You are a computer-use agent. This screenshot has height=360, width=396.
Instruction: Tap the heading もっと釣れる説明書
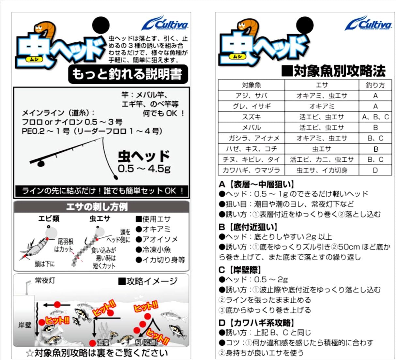[x=128, y=74]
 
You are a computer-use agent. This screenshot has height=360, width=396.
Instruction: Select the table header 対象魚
[x=251, y=85]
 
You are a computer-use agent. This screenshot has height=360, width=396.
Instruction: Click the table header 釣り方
[x=375, y=85]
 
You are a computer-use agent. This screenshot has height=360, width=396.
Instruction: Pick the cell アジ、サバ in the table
[x=251, y=96]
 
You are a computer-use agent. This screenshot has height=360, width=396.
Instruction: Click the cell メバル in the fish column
[x=251, y=127]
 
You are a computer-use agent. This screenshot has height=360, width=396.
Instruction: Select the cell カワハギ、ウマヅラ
[x=251, y=170]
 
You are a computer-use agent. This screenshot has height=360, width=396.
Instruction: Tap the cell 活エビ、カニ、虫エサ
[x=322, y=159]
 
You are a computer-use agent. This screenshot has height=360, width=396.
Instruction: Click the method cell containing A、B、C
[x=375, y=117]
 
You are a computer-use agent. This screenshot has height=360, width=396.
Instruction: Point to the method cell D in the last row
[x=375, y=170]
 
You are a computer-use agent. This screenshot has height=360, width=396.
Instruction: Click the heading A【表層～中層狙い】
[x=256, y=184]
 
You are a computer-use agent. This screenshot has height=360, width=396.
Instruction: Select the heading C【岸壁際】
[x=240, y=270]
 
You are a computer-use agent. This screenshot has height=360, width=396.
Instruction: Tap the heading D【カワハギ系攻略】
[x=256, y=323]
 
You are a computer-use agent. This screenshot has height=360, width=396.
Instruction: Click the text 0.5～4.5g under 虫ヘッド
[x=144, y=169]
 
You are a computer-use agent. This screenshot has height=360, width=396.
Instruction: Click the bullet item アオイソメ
[x=157, y=239]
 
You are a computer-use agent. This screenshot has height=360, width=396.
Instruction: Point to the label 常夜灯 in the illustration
[x=45, y=280]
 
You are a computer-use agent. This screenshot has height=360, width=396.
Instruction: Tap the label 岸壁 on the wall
[x=24, y=325]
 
